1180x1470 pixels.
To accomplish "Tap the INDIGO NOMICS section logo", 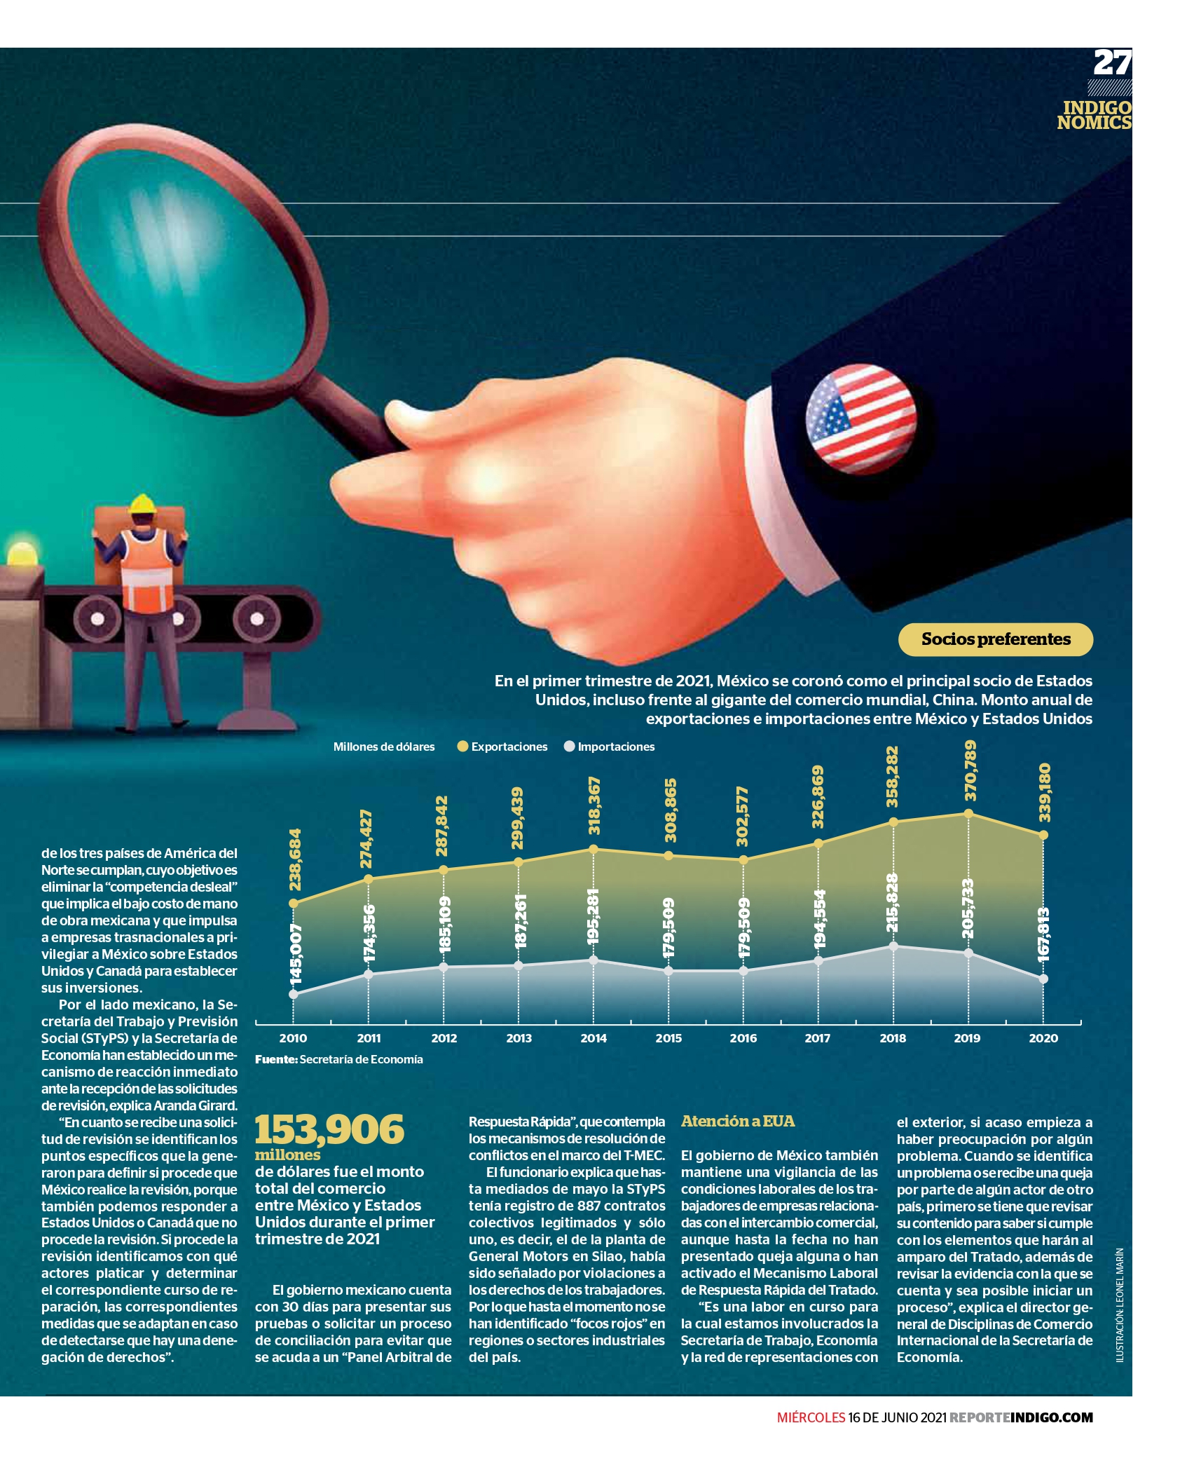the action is [x=1095, y=115].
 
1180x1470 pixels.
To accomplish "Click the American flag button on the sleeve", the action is [x=861, y=418].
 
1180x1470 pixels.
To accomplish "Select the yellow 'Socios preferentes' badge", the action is [x=996, y=639].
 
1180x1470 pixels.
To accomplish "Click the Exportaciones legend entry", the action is [x=502, y=747].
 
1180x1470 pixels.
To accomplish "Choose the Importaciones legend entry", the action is [x=609, y=747].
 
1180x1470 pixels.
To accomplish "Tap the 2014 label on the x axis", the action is [x=594, y=1038].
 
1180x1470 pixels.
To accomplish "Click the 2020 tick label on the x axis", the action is [x=1043, y=1038].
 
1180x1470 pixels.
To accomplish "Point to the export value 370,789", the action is [x=970, y=770].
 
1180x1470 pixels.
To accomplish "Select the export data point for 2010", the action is [x=294, y=904].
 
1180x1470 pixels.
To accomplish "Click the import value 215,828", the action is [x=892, y=903].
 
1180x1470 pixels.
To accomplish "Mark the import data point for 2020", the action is [x=1043, y=979].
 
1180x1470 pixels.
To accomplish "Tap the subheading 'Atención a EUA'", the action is [x=738, y=1121].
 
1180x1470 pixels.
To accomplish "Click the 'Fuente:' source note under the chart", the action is [x=339, y=1059].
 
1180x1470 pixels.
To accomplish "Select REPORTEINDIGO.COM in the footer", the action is [x=1021, y=1417].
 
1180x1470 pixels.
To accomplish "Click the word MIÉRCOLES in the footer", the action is [x=811, y=1417].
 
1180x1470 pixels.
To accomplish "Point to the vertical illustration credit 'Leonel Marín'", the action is [x=1120, y=1305].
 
